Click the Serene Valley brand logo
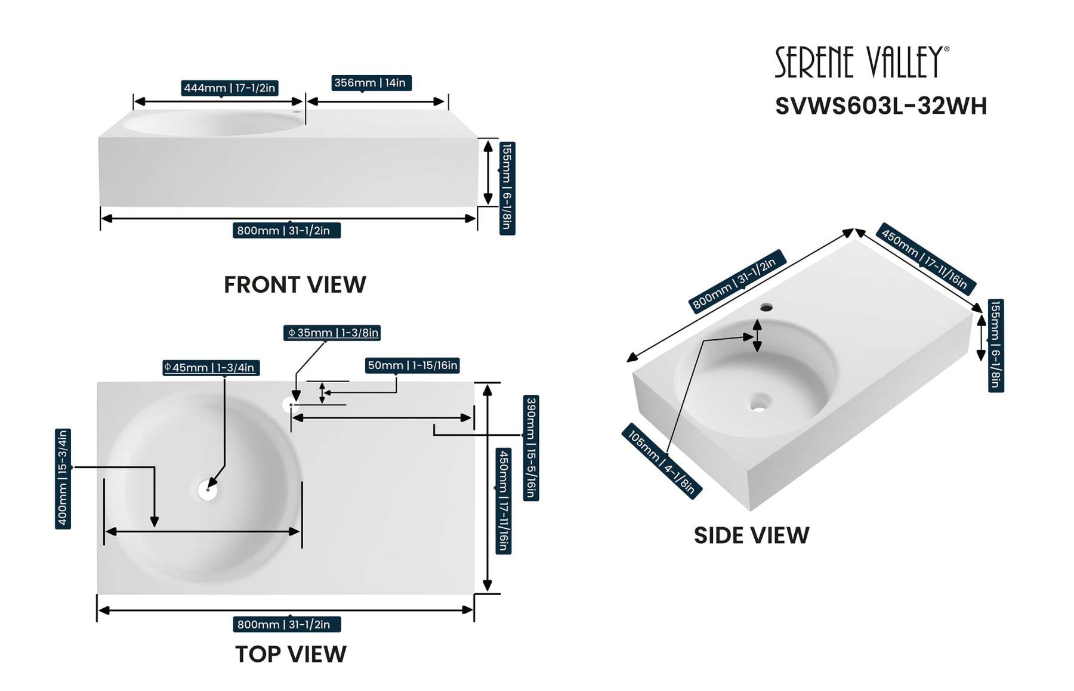point(861,62)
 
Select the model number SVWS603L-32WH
point(881,106)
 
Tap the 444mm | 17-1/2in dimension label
point(230,88)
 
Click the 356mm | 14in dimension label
point(371,83)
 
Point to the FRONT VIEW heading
point(295,285)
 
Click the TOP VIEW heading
point(291,654)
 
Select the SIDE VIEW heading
point(751,535)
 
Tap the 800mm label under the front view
point(286,231)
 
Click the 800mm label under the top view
point(286,624)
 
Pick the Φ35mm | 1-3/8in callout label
point(332,333)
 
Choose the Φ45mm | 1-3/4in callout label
point(211,368)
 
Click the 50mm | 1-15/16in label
point(412,365)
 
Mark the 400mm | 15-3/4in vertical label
point(63,479)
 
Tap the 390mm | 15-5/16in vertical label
point(530,448)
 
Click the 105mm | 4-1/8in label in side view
point(662,461)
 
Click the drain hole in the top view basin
point(208,490)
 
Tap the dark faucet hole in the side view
point(766,308)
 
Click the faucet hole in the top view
point(289,405)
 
